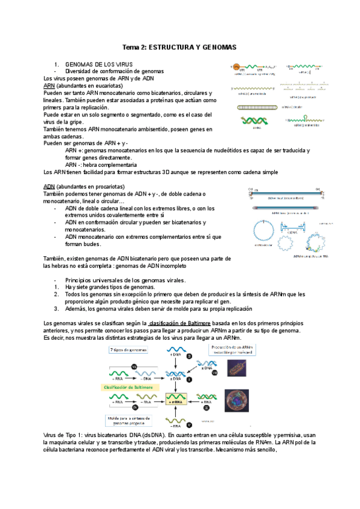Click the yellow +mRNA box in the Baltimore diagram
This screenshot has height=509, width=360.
click(x=176, y=397)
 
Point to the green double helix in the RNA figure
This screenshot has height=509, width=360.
click(x=253, y=121)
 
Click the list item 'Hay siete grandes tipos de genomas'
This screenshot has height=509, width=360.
click(x=110, y=288)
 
